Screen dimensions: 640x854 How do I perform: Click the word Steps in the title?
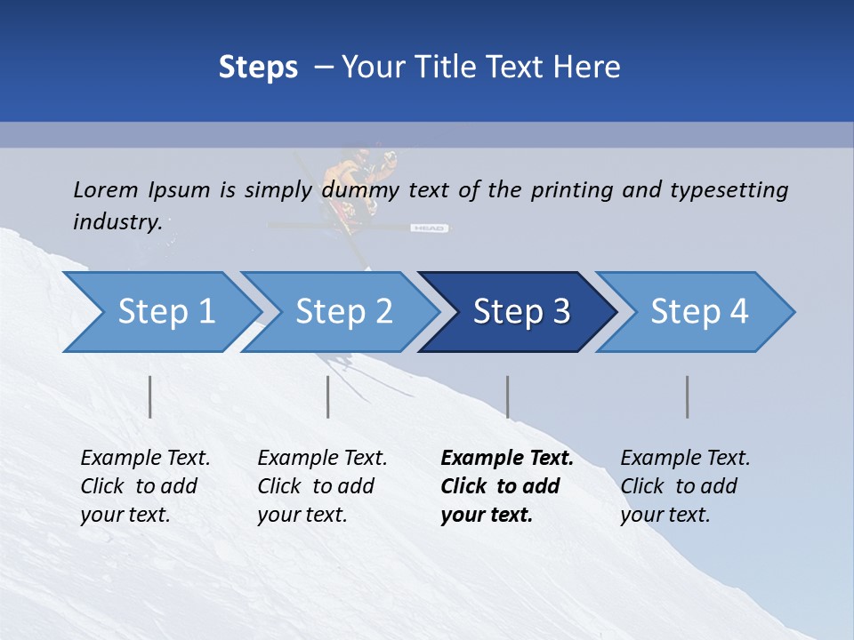(x=258, y=68)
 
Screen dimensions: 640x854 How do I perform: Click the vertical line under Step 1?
(x=150, y=396)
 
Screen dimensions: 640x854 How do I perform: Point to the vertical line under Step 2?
(x=328, y=396)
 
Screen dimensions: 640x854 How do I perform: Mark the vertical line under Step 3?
(x=507, y=396)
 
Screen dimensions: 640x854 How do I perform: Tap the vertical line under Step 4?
(x=688, y=396)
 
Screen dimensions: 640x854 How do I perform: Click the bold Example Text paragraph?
(x=507, y=486)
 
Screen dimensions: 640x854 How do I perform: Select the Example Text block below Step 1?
(x=145, y=486)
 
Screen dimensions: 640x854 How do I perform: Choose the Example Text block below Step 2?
(x=322, y=486)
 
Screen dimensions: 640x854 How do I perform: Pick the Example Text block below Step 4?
(x=685, y=486)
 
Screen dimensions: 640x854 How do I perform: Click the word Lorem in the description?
(x=105, y=189)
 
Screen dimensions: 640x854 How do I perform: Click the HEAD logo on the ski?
(x=428, y=228)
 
